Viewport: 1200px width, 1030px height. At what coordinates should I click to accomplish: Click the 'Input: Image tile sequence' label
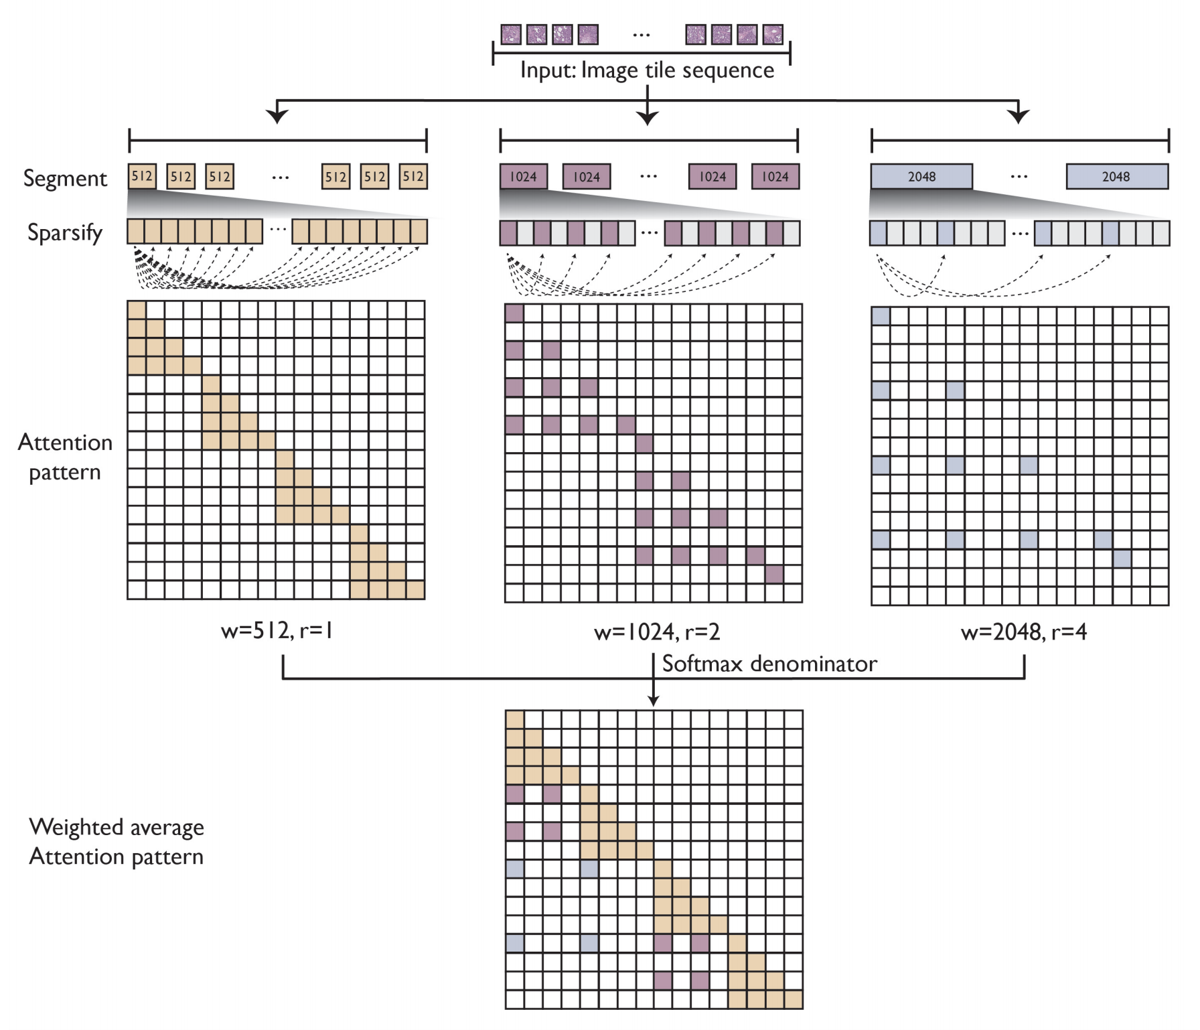(647, 70)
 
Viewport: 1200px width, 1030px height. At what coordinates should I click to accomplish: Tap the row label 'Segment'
(65, 178)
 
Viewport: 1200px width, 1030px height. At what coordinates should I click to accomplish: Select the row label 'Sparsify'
(65, 232)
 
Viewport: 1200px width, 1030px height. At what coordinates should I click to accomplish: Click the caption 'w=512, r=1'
(277, 630)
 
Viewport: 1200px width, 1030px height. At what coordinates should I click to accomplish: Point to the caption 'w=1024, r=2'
(656, 632)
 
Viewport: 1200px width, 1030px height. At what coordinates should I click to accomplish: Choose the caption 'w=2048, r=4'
(1023, 632)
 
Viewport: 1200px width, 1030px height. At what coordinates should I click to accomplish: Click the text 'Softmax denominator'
(769, 664)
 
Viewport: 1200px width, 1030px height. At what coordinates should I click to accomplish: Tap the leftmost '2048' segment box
(921, 177)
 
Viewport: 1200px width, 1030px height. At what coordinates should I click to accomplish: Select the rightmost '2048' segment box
(1116, 177)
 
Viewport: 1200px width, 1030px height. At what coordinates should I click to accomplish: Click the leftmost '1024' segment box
(523, 177)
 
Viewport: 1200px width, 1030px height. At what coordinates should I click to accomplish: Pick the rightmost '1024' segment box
(775, 177)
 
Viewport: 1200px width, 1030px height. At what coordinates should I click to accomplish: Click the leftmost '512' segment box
(142, 177)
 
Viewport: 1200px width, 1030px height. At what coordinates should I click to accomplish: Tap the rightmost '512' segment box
(413, 177)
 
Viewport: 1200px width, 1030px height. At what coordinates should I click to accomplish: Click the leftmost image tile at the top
(511, 34)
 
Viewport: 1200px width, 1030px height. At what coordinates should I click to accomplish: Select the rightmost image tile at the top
(773, 34)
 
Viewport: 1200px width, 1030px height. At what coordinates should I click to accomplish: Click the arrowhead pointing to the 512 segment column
(277, 117)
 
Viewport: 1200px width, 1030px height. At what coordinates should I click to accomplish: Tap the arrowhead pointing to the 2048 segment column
(1019, 117)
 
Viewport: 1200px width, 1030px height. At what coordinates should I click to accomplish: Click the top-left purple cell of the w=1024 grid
(514, 313)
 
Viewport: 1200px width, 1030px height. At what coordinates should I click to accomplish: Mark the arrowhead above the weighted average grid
(654, 701)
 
